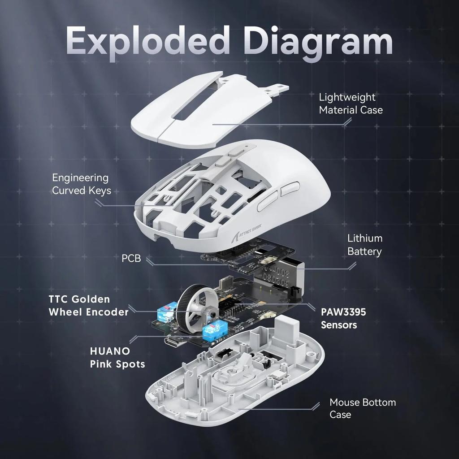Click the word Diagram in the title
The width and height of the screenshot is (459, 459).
(x=320, y=41)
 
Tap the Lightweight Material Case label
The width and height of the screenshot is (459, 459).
(x=351, y=104)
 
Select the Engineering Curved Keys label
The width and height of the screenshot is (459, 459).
(x=81, y=184)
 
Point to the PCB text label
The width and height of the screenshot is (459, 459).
(x=131, y=259)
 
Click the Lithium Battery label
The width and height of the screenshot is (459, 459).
(x=364, y=245)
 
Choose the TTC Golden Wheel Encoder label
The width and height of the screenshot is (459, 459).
(x=88, y=305)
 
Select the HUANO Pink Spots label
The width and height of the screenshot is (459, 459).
(x=117, y=357)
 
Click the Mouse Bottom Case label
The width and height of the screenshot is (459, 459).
(x=362, y=408)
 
